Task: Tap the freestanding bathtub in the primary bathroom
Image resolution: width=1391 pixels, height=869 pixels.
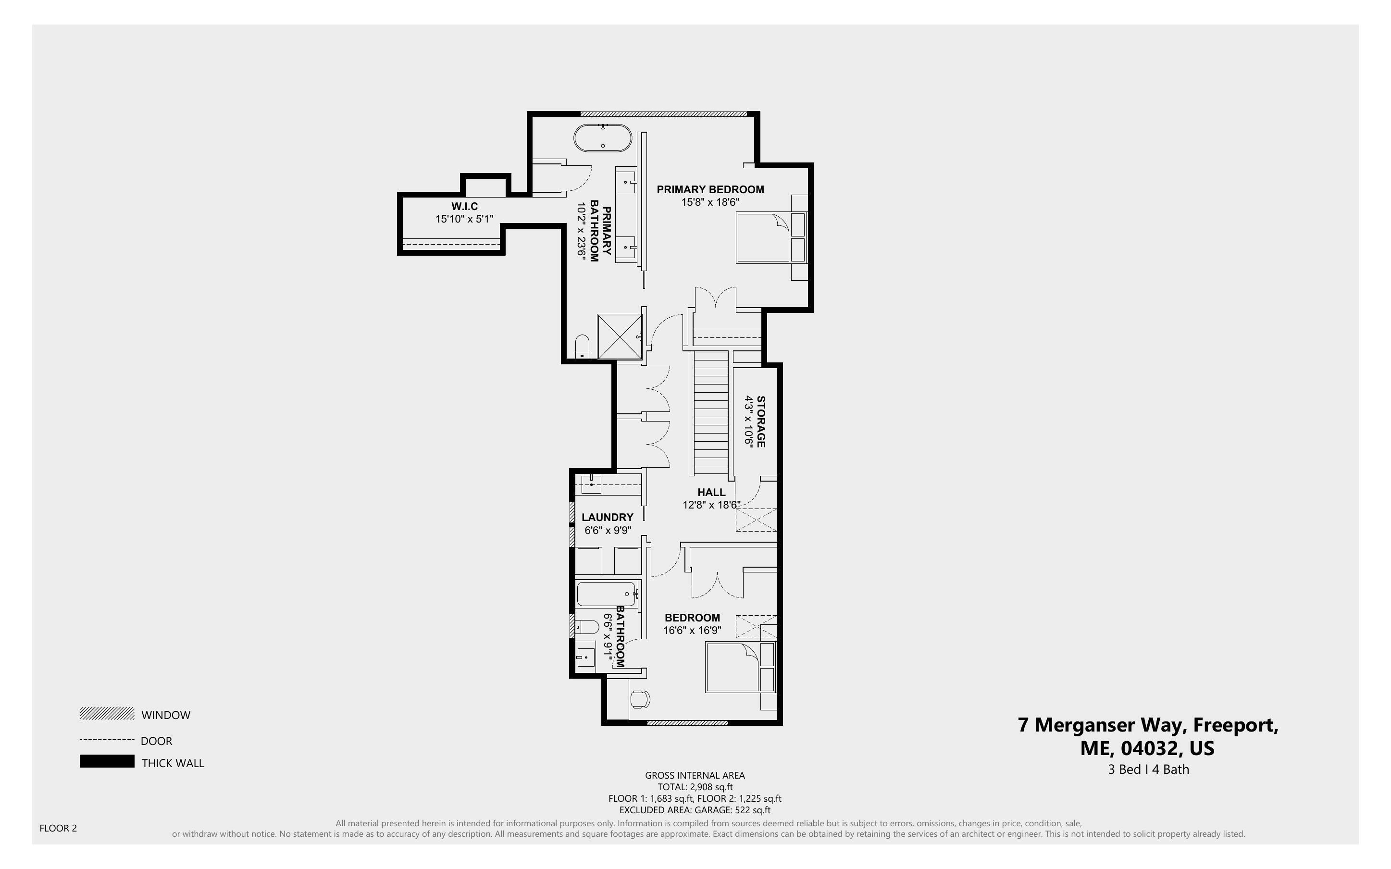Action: click(x=602, y=138)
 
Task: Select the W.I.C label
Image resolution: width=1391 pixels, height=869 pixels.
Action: click(x=464, y=206)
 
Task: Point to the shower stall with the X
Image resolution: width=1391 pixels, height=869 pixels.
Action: click(x=620, y=336)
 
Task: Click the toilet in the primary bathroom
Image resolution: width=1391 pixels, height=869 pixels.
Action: click(x=583, y=346)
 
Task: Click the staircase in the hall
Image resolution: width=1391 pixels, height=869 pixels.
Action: click(x=711, y=413)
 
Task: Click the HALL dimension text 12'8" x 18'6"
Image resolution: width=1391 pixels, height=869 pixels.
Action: click(x=711, y=505)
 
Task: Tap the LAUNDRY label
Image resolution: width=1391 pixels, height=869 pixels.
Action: click(x=608, y=517)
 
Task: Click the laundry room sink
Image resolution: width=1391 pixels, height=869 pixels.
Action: click(x=591, y=484)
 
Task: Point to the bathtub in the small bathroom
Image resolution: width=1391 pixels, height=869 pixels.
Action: click(x=606, y=594)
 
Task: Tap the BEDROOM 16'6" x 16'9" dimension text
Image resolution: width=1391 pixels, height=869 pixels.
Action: click(x=692, y=631)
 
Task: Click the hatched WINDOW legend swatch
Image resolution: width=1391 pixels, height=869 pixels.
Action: click(x=107, y=714)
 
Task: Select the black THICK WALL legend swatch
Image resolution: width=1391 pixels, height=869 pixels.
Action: click(x=107, y=761)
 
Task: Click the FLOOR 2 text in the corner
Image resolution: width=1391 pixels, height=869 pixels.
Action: click(x=58, y=828)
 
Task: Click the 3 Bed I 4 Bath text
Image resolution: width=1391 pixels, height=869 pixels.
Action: click(x=1148, y=769)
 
